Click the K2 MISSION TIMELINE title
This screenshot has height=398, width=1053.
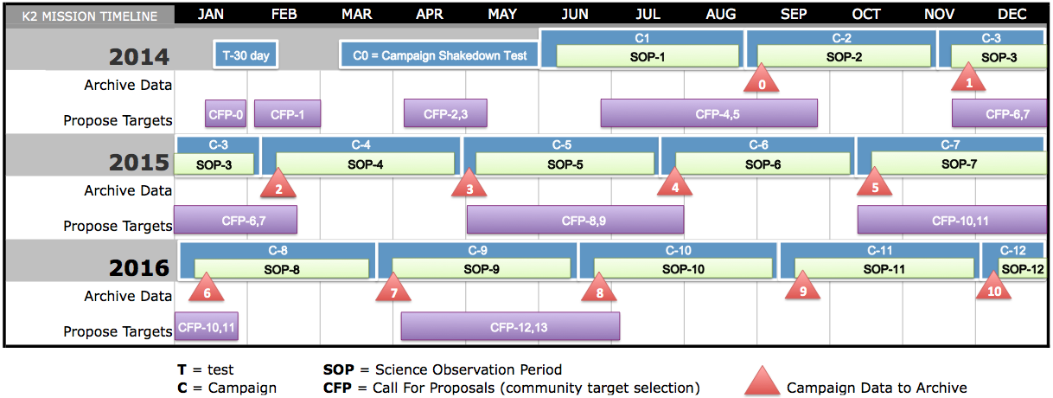tap(90, 16)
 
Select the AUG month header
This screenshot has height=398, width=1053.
tap(721, 14)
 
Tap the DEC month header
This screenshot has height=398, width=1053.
tap(1012, 14)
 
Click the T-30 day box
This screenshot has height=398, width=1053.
tap(246, 55)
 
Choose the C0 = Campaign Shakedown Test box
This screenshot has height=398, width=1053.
tap(439, 55)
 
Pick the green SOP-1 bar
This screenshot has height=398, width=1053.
tap(648, 56)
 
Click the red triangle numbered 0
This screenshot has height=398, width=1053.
tap(762, 79)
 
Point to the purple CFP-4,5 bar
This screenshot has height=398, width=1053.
tap(709, 113)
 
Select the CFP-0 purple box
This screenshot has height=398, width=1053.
tap(226, 114)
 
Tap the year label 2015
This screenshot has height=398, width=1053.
tap(138, 163)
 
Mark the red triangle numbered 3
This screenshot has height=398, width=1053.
tap(469, 183)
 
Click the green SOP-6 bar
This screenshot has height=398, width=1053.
tap(763, 164)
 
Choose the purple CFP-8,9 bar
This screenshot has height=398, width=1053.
tap(575, 220)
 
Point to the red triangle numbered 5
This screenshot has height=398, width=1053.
tap(874, 182)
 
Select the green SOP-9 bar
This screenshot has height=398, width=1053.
tap(482, 269)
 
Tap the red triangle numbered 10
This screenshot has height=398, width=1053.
tap(993, 286)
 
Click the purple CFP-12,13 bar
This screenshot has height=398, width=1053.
tap(510, 326)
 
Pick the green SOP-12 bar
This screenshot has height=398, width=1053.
tap(1022, 268)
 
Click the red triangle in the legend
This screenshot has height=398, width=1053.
tap(762, 381)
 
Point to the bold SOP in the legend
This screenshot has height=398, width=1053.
tap(338, 369)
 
